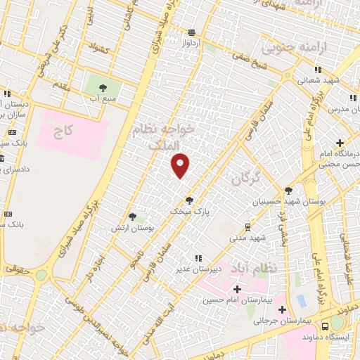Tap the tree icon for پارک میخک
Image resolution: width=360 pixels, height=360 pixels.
click(x=188, y=200)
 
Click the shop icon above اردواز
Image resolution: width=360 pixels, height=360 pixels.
click(x=192, y=32)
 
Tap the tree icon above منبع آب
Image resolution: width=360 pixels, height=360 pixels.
click(x=103, y=89)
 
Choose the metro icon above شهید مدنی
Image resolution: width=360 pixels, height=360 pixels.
click(x=247, y=226)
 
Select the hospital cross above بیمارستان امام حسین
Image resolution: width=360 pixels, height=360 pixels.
click(x=237, y=289)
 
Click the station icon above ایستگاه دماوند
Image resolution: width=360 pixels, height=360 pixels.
click(x=325, y=326)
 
